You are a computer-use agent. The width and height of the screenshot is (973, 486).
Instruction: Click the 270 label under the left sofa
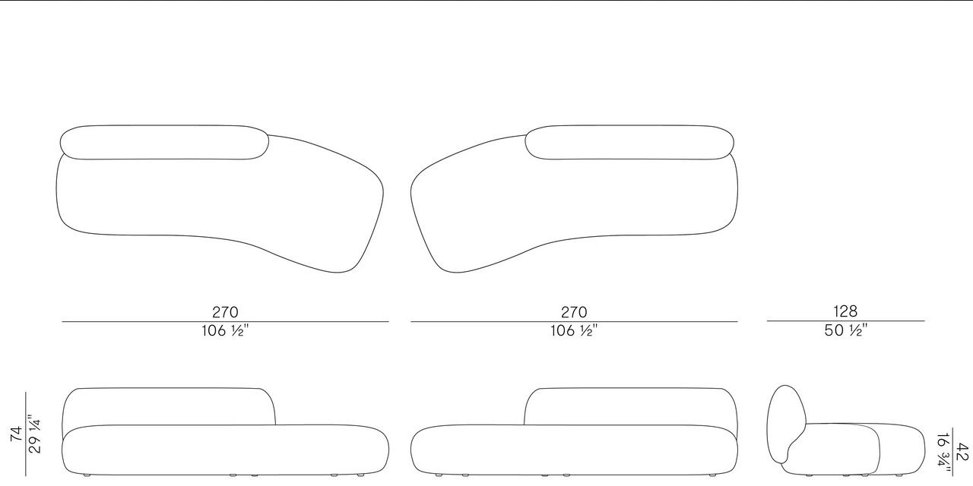225,312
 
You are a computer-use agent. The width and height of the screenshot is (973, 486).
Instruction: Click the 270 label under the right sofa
574,312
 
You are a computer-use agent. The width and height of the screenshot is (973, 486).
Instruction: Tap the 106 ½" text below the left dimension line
225,330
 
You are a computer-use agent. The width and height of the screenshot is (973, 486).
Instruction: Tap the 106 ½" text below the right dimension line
574,330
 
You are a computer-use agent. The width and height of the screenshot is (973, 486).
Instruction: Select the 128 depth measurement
845,311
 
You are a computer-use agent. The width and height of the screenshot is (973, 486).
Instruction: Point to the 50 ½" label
845,330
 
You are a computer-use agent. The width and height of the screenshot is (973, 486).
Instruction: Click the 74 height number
16,434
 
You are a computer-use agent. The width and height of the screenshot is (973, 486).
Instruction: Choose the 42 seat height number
962,452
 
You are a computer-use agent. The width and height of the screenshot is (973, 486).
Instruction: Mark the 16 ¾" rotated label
944,454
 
